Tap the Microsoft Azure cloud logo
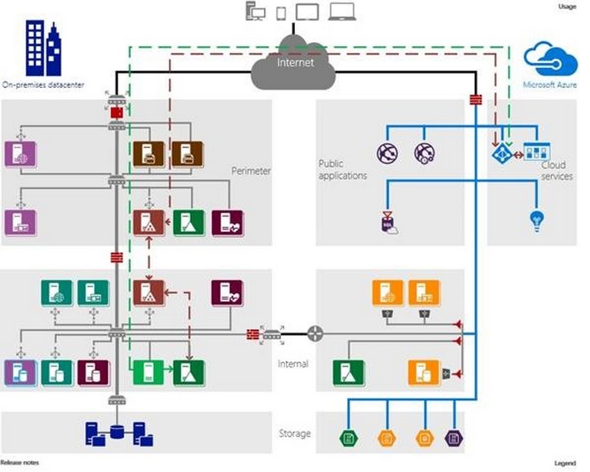pos(550,59)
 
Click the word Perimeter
pos(251,171)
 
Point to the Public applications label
pos(342,170)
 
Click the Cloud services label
pos(556,172)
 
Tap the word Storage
pos(294,433)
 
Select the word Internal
pos(293,364)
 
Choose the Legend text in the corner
pos(565,463)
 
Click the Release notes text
pos(20,463)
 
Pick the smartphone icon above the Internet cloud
pos(282,12)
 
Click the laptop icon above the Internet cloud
pos(342,12)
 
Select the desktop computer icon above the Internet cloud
pos(255,12)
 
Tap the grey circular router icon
pos(315,334)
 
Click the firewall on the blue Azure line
pos(475,99)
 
